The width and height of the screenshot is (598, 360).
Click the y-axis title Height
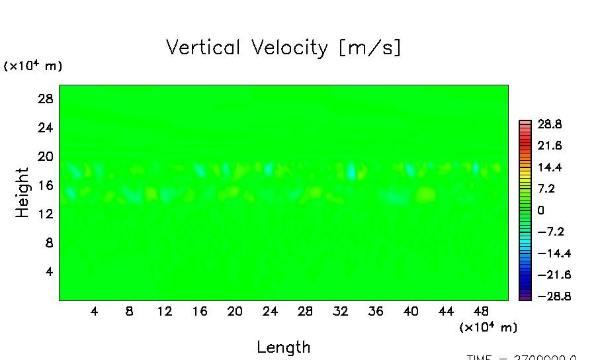coord(22,193)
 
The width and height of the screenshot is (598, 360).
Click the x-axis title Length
coord(283,347)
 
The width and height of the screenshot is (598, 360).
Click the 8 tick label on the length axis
coord(129,311)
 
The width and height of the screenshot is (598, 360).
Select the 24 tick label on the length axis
coord(270,311)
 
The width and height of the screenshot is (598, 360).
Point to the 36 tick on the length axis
coord(375,311)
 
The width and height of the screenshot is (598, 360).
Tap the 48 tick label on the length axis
coord(481,311)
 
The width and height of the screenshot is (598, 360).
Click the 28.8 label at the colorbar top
coord(549,124)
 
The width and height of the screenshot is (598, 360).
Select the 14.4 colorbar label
coord(549,167)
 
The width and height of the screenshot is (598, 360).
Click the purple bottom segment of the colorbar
coord(525,298)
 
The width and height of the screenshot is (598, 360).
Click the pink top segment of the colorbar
coord(525,122)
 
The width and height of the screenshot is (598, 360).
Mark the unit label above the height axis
coord(33,66)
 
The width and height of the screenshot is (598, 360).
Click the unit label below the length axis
coord(488,327)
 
